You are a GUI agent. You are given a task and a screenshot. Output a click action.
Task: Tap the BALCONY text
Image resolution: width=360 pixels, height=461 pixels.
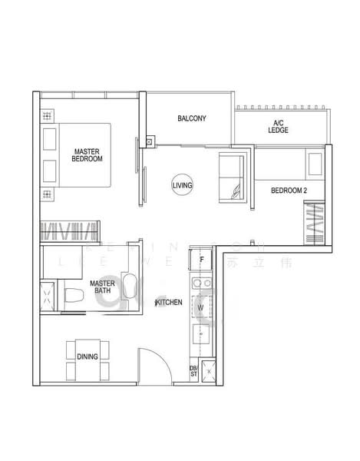pyautogui.click(x=191, y=118)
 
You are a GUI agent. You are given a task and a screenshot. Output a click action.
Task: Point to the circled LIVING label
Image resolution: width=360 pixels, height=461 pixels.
pyautogui.click(x=182, y=185)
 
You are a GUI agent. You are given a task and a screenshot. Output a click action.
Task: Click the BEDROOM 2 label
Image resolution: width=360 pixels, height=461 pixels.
pyautogui.click(x=289, y=190)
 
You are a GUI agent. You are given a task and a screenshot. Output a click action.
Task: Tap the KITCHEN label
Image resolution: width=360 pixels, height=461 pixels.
pyautogui.click(x=169, y=303)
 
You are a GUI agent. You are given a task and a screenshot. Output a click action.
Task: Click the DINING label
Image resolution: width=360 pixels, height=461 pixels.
pyautogui.click(x=87, y=356)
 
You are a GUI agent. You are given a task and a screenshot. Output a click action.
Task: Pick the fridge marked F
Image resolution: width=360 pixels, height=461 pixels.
pyautogui.click(x=201, y=259)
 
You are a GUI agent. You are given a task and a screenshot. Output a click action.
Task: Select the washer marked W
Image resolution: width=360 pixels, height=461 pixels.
pyautogui.click(x=201, y=308)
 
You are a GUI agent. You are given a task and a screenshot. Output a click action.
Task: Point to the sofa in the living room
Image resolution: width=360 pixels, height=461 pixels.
pyautogui.click(x=231, y=177)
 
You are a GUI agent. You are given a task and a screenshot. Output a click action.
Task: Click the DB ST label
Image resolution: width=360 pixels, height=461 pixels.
pyautogui.click(x=193, y=370)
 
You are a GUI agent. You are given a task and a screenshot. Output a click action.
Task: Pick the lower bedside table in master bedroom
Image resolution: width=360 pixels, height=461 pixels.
pyautogui.click(x=50, y=170)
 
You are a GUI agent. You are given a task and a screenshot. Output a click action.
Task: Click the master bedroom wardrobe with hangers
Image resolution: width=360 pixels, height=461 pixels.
pyautogui.click(x=69, y=229)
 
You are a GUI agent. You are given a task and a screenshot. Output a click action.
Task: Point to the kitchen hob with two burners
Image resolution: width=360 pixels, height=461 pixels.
pyautogui.click(x=201, y=285)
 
